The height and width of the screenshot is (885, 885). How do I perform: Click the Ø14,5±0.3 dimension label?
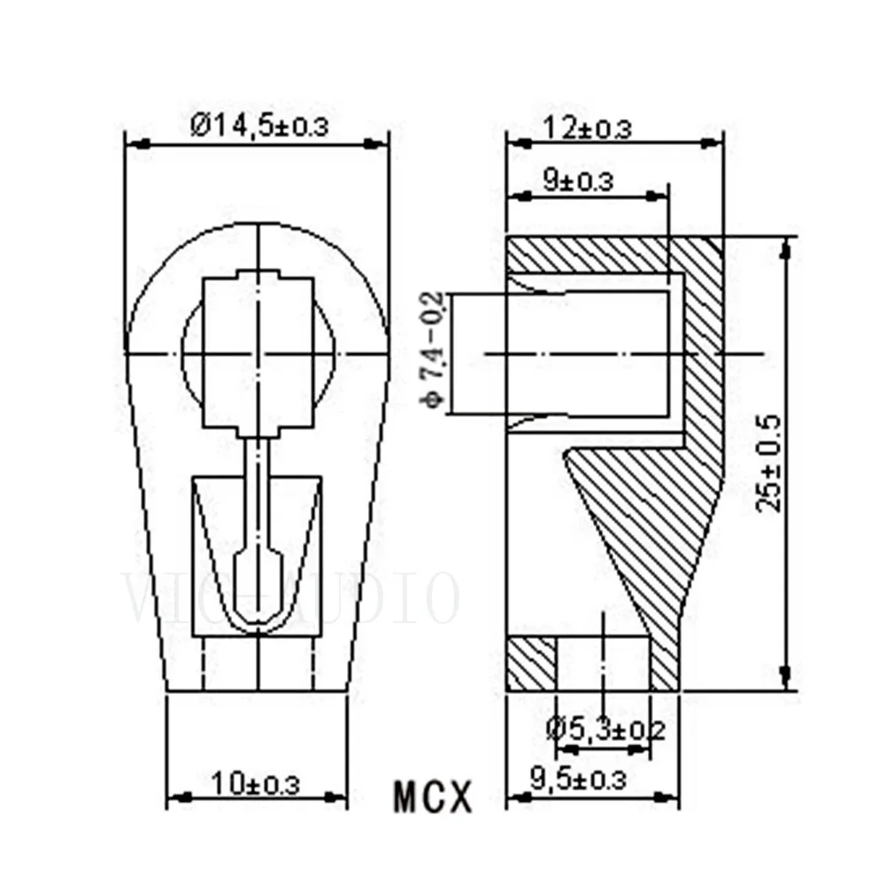tap(258, 126)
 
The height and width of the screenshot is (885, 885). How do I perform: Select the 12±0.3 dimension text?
tap(588, 128)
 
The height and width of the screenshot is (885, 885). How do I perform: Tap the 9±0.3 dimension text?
tap(577, 182)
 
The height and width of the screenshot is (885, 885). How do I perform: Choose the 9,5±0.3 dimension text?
tap(579, 780)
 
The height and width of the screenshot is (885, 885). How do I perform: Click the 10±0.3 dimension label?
tap(256, 783)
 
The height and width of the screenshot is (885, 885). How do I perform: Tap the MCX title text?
tap(433, 796)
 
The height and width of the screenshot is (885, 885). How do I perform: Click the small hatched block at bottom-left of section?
tap(531, 664)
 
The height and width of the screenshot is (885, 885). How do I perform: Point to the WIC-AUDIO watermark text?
tap(292, 599)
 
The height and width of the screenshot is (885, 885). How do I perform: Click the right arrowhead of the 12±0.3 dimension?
tap(717, 142)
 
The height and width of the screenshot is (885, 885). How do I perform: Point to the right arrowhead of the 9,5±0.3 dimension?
tap(675, 797)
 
